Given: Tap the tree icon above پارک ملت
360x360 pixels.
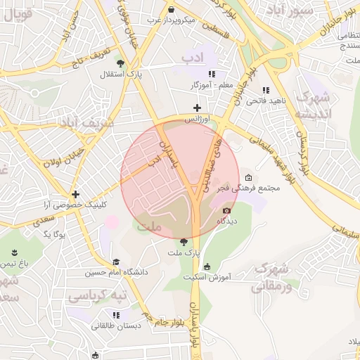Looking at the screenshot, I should point(184,241).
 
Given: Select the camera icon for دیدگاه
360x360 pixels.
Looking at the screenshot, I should point(227,211).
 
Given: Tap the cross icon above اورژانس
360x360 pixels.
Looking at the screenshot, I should point(197,108).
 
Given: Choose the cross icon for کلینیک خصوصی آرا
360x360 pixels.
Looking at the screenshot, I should point(75,194).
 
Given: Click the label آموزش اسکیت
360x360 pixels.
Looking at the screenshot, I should point(207,277).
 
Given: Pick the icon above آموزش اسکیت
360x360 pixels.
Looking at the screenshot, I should point(207,266).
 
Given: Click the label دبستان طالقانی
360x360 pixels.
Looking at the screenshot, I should point(116,326).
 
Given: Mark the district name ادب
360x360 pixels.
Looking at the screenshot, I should point(192,56).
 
